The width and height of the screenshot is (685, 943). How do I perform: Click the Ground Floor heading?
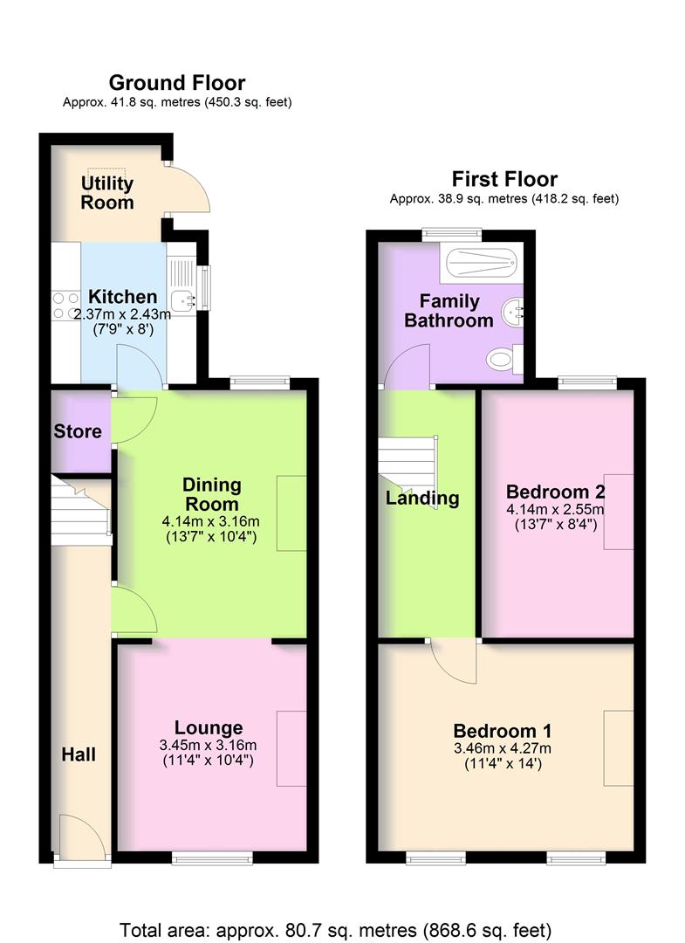(176, 83)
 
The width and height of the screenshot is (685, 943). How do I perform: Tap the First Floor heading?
(504, 179)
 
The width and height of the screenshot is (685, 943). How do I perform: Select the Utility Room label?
(107, 193)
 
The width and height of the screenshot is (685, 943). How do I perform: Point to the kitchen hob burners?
(65, 304)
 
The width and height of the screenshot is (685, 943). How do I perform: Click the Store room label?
(78, 431)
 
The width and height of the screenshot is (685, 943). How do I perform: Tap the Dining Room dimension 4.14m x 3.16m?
(211, 521)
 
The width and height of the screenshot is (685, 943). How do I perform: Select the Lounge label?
(208, 727)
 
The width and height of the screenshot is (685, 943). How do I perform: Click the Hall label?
(79, 754)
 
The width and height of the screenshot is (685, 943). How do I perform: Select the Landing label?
(422, 499)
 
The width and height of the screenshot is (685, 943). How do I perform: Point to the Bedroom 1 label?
(502, 731)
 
